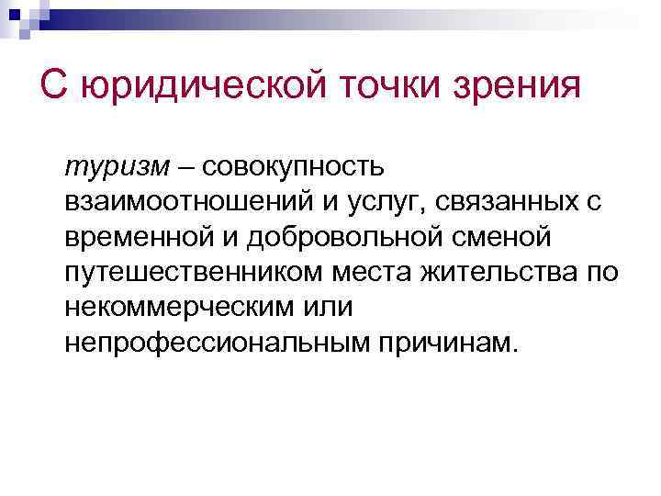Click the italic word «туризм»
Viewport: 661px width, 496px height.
click(104, 168)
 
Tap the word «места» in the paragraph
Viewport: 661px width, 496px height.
click(376, 273)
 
